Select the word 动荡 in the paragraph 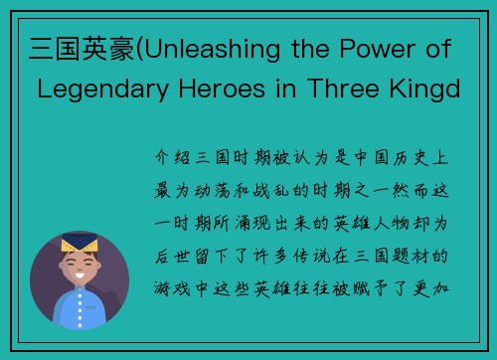(x=217, y=185)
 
